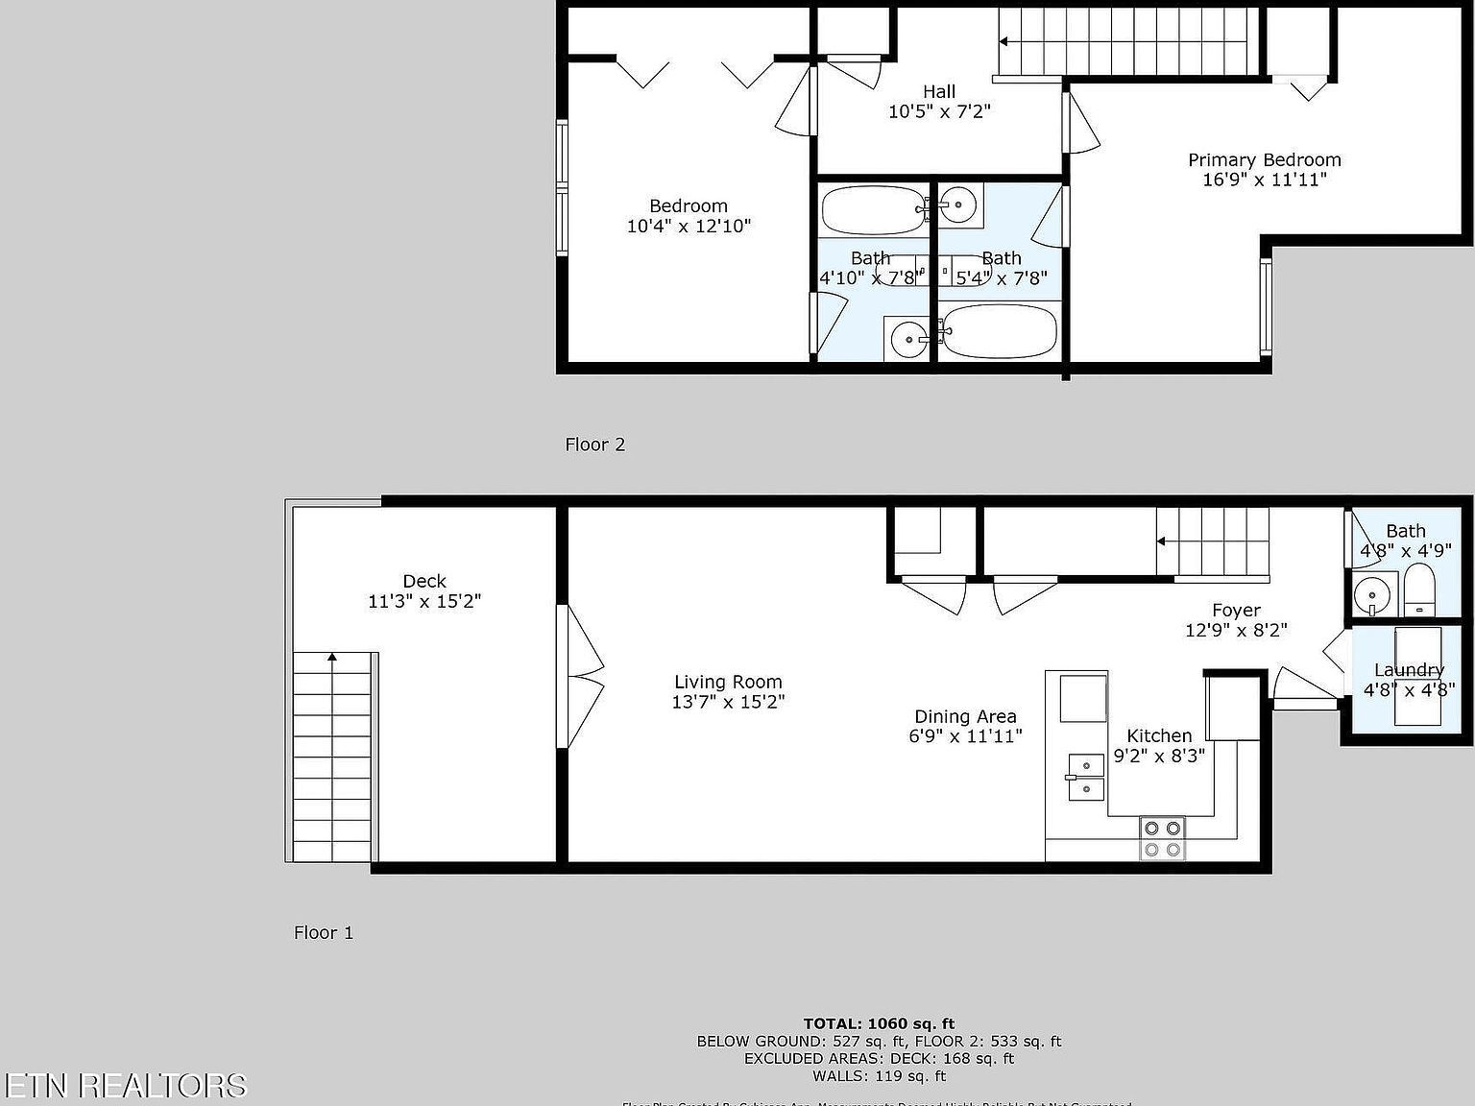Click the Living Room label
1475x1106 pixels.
tap(728, 683)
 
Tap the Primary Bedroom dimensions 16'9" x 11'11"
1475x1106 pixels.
tap(1264, 180)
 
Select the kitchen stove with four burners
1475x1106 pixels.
tap(1162, 838)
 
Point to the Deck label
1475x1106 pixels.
tap(424, 581)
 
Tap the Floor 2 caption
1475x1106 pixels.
tap(594, 445)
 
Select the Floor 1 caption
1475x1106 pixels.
tap(324, 932)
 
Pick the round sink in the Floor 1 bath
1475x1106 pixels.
tap(1375, 596)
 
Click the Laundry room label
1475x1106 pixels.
tap(1408, 670)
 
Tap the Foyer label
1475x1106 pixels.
tap(1236, 611)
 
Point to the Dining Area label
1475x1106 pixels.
tap(965, 716)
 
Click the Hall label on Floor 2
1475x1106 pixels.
tap(939, 91)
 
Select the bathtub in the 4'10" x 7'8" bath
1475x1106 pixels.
tap(872, 210)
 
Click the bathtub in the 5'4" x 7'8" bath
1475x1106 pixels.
tap(999, 331)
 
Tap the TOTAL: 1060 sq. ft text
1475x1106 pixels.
tap(879, 1023)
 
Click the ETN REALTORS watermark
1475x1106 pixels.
tap(124, 1085)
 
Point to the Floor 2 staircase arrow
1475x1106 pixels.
tap(1004, 41)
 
